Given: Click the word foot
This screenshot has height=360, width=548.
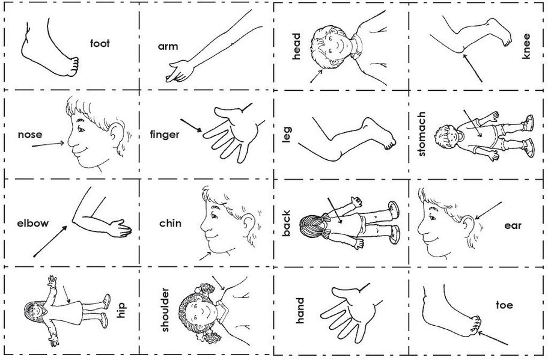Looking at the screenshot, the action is (100, 43).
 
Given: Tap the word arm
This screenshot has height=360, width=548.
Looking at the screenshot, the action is (168, 46).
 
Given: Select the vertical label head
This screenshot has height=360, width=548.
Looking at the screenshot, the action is (296, 46).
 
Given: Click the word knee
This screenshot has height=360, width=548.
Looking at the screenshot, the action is (526, 46).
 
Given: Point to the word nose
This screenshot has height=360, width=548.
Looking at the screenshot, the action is (30, 135).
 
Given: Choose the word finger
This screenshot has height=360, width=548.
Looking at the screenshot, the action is (165, 135).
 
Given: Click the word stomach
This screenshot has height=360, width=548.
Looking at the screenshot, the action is (421, 134).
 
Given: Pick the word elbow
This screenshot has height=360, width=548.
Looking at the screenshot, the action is (33, 223).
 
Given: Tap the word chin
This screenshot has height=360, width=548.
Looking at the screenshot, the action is (170, 223).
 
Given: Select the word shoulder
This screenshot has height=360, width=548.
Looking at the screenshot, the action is (165, 310).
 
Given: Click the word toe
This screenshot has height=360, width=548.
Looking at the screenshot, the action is (504, 305).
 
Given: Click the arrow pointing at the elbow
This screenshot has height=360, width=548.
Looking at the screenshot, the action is (50, 242).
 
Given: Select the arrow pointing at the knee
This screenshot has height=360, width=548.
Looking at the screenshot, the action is (472, 68).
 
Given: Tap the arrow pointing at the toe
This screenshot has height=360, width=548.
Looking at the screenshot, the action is (492, 338).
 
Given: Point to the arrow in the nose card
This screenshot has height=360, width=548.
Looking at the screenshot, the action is (48, 144).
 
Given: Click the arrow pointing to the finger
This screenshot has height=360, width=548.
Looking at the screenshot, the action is (192, 126).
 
